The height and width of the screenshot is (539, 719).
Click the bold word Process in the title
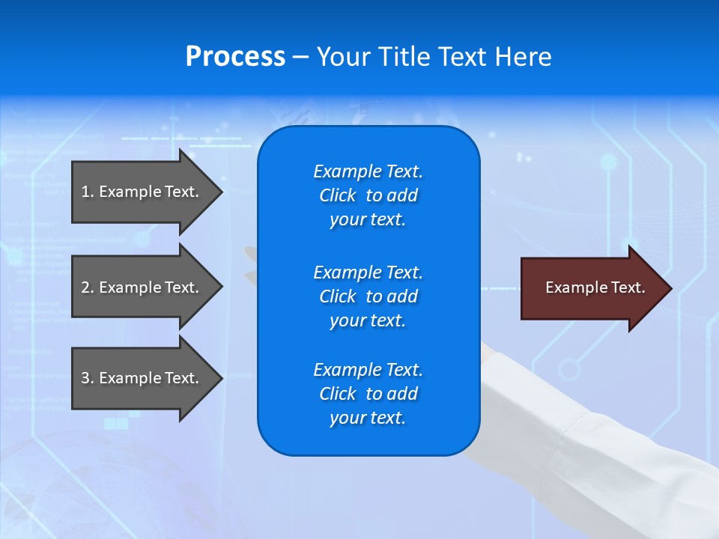(x=235, y=57)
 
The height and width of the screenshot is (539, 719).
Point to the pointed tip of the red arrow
(x=670, y=288)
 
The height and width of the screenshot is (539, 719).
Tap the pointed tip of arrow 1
(x=221, y=192)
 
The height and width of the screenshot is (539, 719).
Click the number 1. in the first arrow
(x=88, y=192)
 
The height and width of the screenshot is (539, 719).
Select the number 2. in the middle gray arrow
(x=88, y=287)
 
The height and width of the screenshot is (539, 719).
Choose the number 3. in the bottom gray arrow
(x=88, y=378)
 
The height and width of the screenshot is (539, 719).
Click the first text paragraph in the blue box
(x=368, y=195)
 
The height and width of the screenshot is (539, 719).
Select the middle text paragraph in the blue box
(x=368, y=296)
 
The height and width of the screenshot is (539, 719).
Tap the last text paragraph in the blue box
(x=368, y=394)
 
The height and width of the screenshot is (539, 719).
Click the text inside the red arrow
(x=595, y=287)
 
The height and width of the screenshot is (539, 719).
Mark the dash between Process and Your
(x=300, y=58)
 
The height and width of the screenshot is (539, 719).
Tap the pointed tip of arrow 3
(x=221, y=378)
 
